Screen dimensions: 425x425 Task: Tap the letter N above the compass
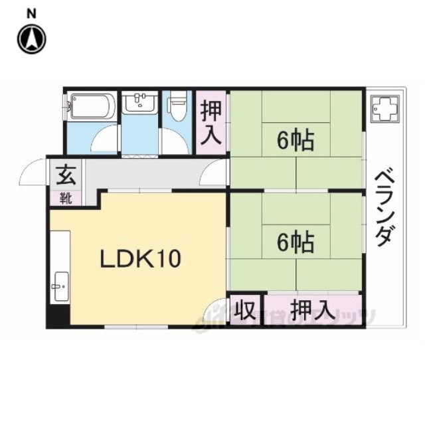[31, 13]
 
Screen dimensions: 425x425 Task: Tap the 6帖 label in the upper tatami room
[294, 141]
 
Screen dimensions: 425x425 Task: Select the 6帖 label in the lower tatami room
[294, 244]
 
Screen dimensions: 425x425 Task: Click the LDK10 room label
[140, 258]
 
